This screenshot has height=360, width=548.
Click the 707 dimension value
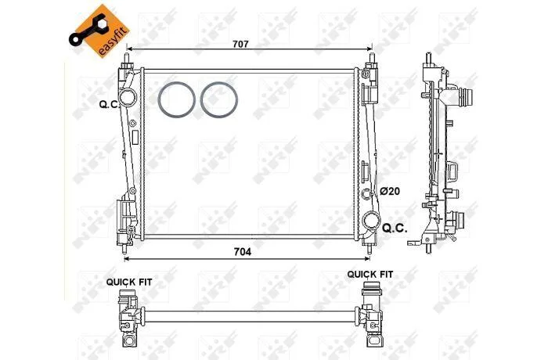tap(240, 44)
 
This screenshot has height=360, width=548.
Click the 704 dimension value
tap(242, 252)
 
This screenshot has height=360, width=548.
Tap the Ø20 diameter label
tap(390, 191)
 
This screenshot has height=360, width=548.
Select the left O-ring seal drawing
tap(176, 99)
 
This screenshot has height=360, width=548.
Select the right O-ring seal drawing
tap(219, 99)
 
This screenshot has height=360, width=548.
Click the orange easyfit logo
tap(99, 31)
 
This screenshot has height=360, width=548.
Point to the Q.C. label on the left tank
tap(109, 104)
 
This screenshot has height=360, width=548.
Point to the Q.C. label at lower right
tap(395, 229)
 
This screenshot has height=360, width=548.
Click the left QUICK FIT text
tap(129, 282)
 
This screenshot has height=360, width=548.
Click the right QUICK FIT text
tap(370, 275)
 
